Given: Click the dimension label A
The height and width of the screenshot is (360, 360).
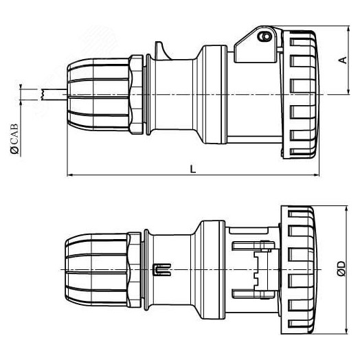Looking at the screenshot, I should (341, 60).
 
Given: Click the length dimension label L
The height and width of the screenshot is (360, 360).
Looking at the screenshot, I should (192, 168).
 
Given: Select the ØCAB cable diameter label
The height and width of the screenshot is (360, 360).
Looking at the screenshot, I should (15, 141).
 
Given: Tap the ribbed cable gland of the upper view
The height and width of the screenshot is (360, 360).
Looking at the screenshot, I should (96, 93).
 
